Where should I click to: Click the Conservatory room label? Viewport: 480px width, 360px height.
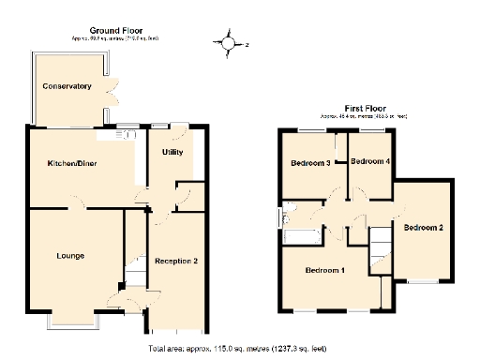(67, 86)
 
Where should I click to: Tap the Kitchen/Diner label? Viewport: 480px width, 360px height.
(73, 164)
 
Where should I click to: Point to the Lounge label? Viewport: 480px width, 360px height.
(70, 255)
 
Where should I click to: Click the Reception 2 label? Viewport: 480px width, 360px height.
(175, 261)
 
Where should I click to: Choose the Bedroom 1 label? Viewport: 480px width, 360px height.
(324, 271)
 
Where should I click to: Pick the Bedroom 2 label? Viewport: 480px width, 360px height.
(423, 228)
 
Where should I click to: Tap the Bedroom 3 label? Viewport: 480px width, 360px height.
(310, 163)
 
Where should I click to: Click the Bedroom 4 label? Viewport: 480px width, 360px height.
(369, 161)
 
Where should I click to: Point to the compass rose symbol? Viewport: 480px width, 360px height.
(230, 42)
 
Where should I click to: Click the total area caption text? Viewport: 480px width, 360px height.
(238, 348)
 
